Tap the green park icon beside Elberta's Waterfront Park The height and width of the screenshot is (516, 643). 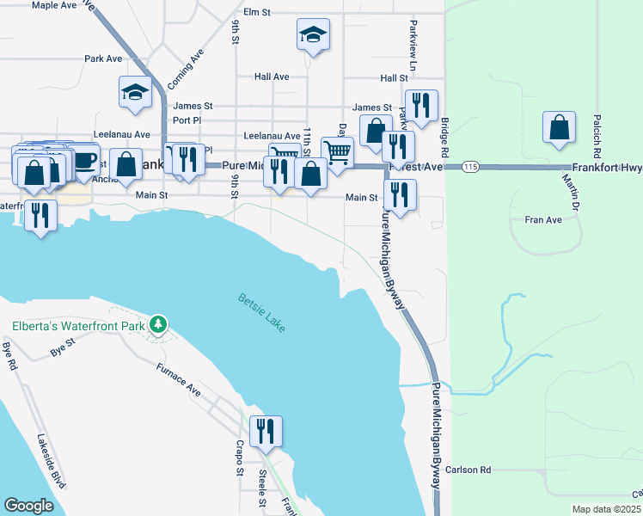coord(157,325)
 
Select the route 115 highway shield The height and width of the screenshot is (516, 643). coord(469,166)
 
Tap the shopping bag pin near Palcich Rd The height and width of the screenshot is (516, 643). coord(559,127)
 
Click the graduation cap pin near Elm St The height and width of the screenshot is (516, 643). coord(313,35)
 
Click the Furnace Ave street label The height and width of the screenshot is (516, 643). coord(178,380)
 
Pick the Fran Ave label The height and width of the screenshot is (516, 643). coord(542,220)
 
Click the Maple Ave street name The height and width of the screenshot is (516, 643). coord(54,5)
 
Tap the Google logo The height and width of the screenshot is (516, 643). coord(29,506)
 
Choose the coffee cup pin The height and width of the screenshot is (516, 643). coord(84,162)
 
